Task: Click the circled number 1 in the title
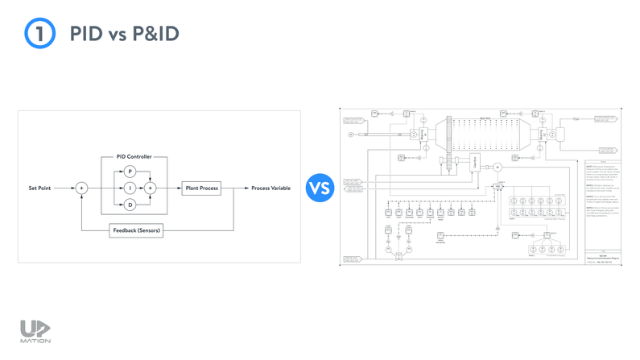(39, 35)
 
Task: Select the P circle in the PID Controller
(129, 171)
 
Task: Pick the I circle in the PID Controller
(129, 188)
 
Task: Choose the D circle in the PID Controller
(129, 205)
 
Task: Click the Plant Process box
(200, 188)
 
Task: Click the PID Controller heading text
(129, 156)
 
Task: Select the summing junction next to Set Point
(81, 188)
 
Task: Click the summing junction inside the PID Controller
(150, 188)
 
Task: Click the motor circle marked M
(498, 167)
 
